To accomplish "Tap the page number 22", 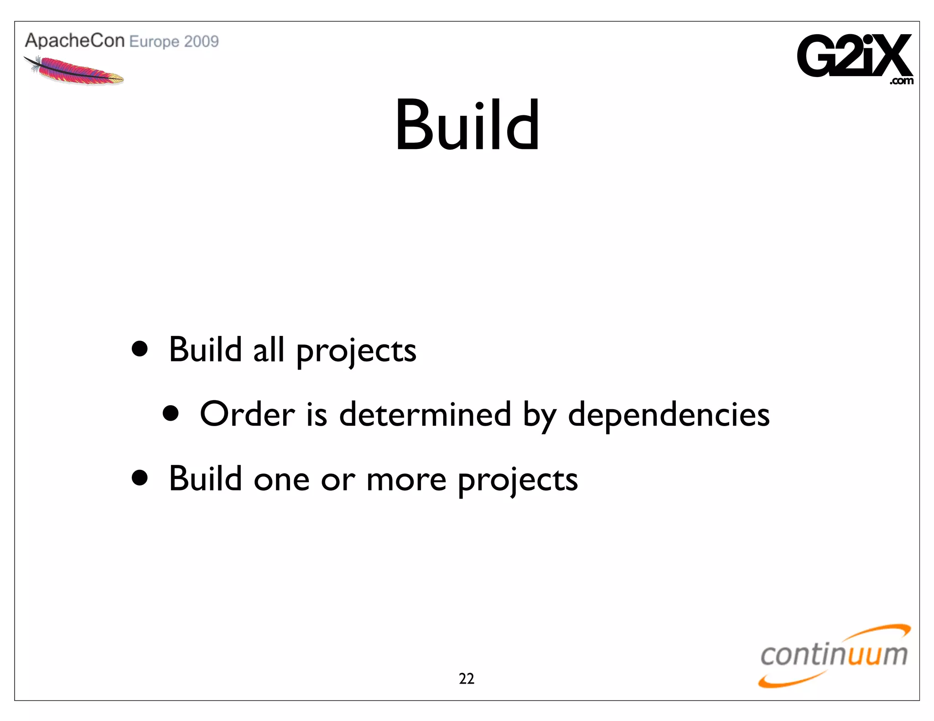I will pos(466,679).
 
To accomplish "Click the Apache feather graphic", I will pos(74,71).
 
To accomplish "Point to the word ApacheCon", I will pos(75,41).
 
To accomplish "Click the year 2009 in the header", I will pos(202,41).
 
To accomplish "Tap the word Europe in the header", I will pos(154,42).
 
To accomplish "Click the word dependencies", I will pos(669,414).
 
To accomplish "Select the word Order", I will pos(247,414).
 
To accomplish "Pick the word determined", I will pos(425,414).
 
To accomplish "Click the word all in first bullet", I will pos(269,350).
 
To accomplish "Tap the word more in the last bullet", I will pos(406,479).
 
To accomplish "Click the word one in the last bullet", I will pos(281,480).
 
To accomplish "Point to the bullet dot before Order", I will pos(171,413).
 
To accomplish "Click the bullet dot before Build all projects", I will pos(140,349).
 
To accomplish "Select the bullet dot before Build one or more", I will pos(140,478).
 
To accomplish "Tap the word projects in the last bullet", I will pos(518,481).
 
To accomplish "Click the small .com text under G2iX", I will pos(901,81).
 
